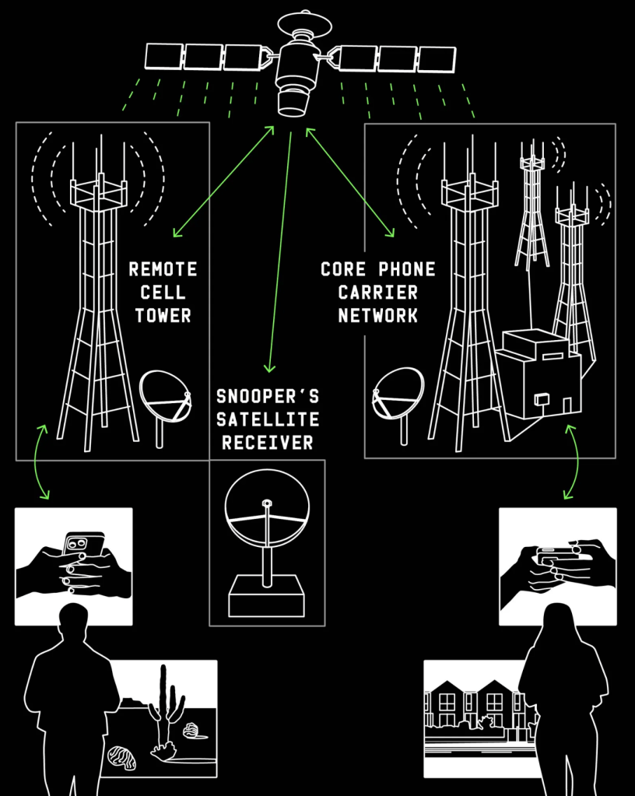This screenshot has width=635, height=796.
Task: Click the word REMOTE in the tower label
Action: tap(163, 270)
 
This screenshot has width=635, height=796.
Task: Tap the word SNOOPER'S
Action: tap(267, 397)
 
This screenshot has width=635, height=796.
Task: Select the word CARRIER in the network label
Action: tap(379, 293)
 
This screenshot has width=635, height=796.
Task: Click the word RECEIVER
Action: tap(267, 443)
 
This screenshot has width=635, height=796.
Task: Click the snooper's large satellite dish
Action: tap(267, 517)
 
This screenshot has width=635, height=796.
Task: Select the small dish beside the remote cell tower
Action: tap(165, 398)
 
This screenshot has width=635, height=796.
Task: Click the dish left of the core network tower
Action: tap(398, 394)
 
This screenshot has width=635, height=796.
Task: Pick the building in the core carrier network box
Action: tap(539, 377)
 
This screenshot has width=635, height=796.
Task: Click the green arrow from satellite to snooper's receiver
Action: tap(280, 249)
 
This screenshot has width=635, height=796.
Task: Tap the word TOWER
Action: tap(163, 316)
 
